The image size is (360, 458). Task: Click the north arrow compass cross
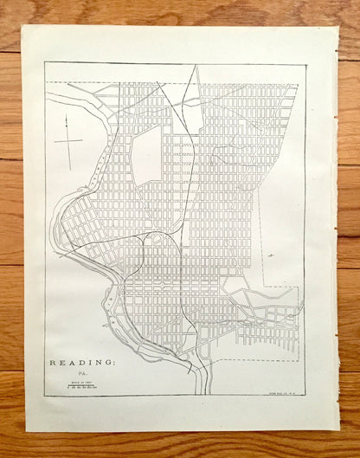(67, 139)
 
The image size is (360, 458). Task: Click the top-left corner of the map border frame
(45, 63)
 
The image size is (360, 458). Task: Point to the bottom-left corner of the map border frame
(45, 396)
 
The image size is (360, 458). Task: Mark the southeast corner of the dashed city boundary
(298, 353)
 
